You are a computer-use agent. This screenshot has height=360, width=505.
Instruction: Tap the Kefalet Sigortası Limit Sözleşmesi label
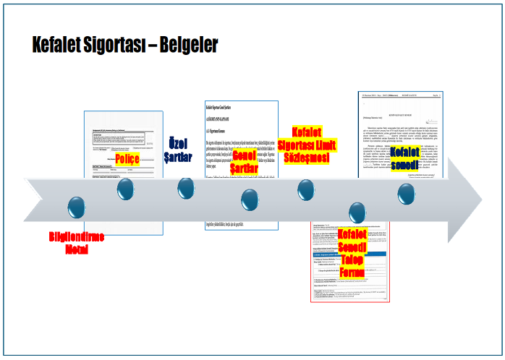coord(307,145)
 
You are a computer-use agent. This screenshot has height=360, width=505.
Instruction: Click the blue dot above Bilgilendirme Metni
coord(76,206)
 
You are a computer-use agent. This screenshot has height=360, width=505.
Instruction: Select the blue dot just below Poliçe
coord(126,189)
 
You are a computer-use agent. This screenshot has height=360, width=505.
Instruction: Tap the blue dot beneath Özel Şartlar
coord(186,188)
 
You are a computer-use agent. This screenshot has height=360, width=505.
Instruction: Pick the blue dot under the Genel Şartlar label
coord(250,199)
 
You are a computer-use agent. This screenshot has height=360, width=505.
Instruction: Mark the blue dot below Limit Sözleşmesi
coord(306,189)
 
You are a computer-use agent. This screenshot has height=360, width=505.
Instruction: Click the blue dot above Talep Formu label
coord(357,212)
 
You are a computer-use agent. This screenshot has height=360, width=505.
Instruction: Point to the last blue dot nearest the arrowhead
coord(406,193)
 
